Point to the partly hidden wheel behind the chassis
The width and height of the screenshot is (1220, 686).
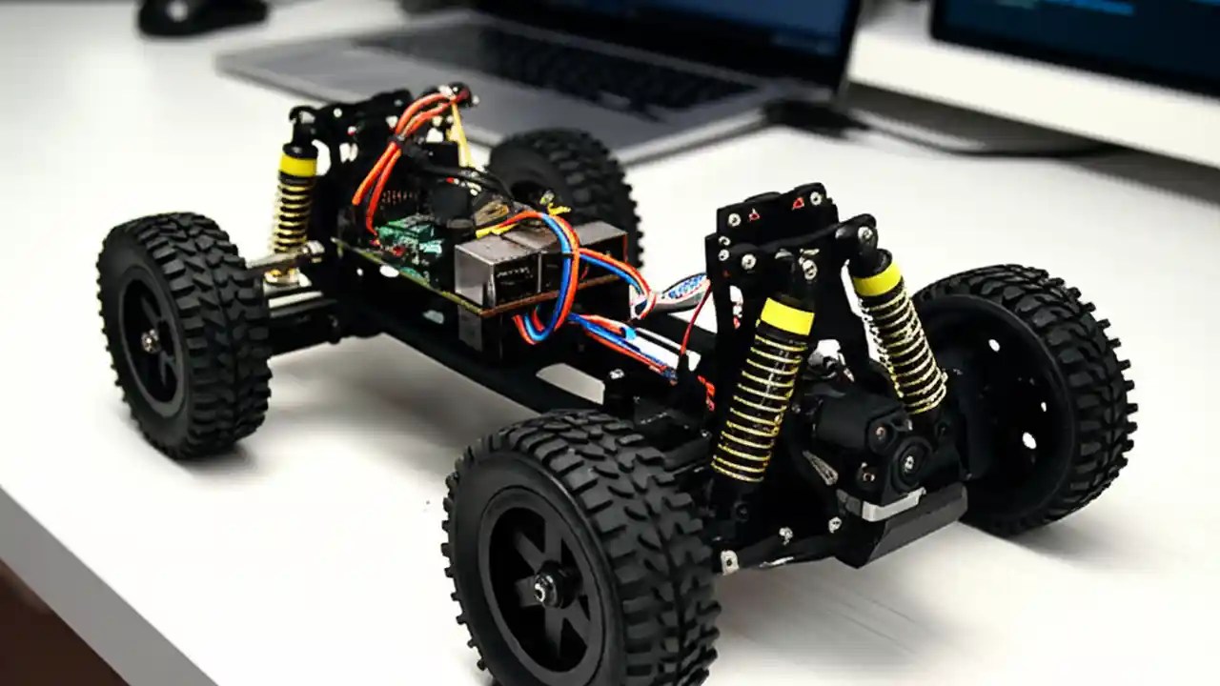pyautogui.click(x=572, y=181)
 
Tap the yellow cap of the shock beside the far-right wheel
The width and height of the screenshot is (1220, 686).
pyautogui.click(x=876, y=278)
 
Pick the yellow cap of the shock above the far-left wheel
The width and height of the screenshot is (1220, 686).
pyautogui.click(x=297, y=165)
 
